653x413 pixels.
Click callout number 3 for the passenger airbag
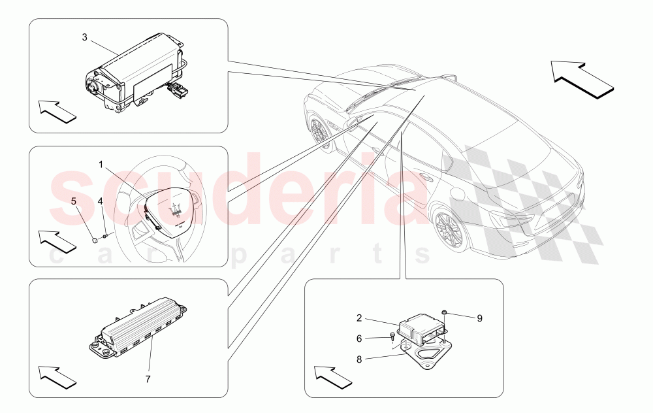84,37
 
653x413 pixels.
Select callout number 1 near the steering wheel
101,165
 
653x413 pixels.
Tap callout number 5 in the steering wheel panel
74,201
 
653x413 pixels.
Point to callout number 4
100,201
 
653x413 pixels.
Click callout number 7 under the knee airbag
148,379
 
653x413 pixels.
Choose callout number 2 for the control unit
359,318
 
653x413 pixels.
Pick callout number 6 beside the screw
359,339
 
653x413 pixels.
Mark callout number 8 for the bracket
359,359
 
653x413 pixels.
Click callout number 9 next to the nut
480,318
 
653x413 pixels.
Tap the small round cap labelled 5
95,240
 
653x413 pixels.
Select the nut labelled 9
445,312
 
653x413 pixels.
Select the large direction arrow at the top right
582,80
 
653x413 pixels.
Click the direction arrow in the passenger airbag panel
57,111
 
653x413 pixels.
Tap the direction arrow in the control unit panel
333,378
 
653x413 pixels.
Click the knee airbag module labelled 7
138,328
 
